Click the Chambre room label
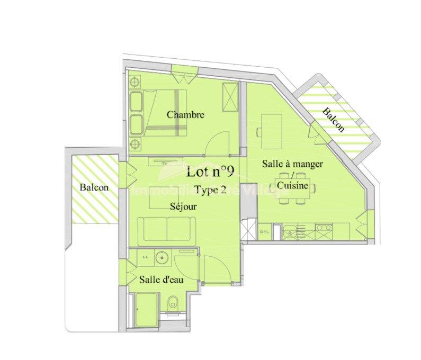[185, 114]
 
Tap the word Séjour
[183, 206]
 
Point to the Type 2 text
[210, 189]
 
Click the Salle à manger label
[292, 164]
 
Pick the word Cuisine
[292, 186]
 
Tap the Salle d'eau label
[161, 280]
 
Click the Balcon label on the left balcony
[94, 187]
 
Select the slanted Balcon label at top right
[334, 120]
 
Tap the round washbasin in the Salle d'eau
[163, 258]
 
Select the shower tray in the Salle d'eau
[145, 310]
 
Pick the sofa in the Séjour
[166, 229]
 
